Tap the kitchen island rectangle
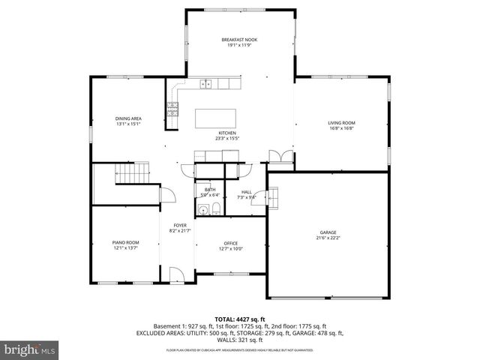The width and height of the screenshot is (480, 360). tap(216, 118)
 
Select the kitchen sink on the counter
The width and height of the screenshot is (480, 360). tap(206, 85)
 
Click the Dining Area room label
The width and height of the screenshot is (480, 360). tap(128, 118)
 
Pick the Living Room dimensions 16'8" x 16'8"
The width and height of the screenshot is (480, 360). tap(341, 128)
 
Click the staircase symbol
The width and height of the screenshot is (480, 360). tap(128, 176)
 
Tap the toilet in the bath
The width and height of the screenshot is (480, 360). tap(215, 208)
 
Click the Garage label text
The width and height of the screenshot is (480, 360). tap(328, 232)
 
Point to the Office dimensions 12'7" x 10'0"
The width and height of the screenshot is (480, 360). tap(230, 249)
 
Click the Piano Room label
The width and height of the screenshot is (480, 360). tap(126, 242)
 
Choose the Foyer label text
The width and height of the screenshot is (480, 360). tap(180, 225)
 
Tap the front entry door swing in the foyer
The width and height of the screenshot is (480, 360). tap(175, 274)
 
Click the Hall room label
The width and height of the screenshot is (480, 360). tap(246, 192)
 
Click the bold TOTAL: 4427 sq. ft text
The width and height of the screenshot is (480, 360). tap(239, 319)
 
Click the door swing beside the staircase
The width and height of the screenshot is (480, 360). tap(169, 195)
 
